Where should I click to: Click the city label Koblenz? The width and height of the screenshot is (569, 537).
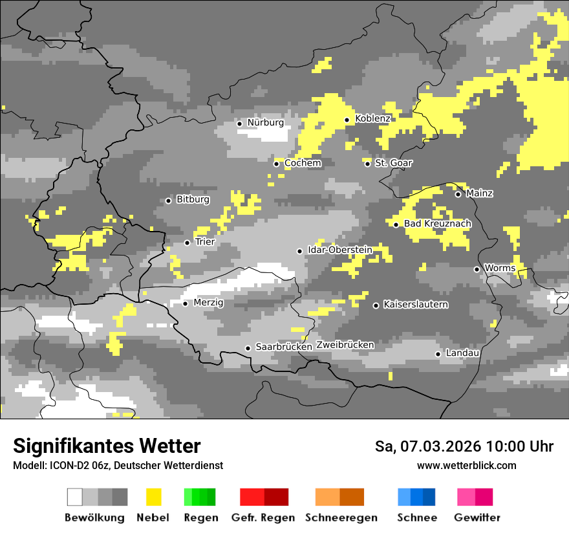point(372,119)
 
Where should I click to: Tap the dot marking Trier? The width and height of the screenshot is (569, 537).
point(187,243)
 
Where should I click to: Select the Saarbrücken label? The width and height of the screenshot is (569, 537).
point(284,347)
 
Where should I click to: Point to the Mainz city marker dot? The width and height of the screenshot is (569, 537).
point(458,194)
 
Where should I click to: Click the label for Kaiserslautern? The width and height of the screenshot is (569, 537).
point(416,304)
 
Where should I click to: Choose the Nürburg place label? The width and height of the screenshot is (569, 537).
point(265,122)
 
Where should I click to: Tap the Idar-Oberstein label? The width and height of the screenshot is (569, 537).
point(340,250)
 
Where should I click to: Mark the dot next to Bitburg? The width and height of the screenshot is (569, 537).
point(168,201)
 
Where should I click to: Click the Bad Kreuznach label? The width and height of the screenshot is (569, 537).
point(437,224)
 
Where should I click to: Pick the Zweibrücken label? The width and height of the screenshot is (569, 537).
point(345,345)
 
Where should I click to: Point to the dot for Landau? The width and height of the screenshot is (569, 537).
point(438,354)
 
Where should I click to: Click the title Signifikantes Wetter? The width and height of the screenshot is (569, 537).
point(107,446)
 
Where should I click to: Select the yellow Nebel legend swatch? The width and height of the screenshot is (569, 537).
point(153,497)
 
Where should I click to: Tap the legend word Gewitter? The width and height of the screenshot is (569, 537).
point(477,518)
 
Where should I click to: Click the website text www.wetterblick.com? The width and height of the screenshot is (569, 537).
point(466,465)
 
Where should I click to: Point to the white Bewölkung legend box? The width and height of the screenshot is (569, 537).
point(75,497)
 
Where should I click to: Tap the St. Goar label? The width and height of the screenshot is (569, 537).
point(393,163)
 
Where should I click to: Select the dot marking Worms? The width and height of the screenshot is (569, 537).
point(477,269)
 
